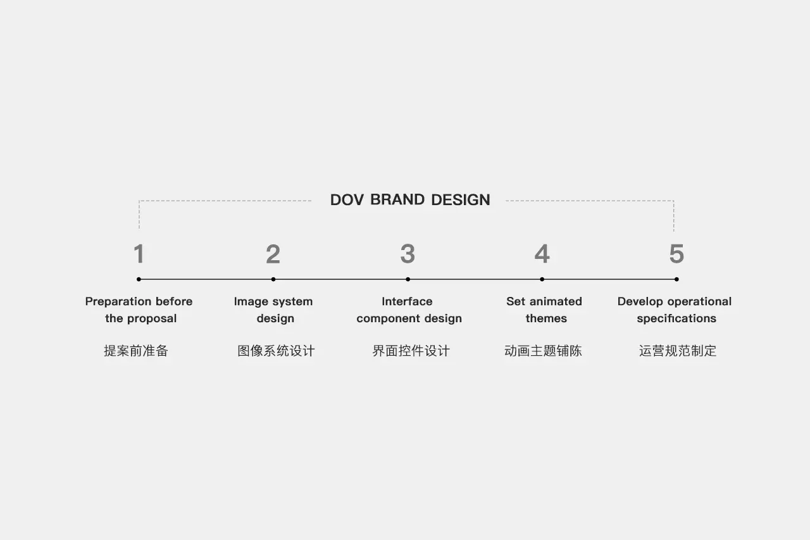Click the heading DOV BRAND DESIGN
tap(410, 200)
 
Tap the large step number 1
tap(139, 254)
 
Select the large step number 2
tap(273, 254)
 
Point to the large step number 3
tap(408, 254)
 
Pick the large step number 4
tap(542, 254)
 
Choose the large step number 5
tap(676, 254)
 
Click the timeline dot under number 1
tap(139, 279)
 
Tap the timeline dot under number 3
tap(408, 279)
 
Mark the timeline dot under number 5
tap(676, 279)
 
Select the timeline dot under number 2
tap(273, 279)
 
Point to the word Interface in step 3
tap(407, 301)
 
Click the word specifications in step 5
tap(676, 318)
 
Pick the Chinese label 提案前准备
tap(136, 351)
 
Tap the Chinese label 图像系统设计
tap(276, 351)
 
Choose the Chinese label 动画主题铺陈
tap(543, 351)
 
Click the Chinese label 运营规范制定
tap(678, 351)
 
